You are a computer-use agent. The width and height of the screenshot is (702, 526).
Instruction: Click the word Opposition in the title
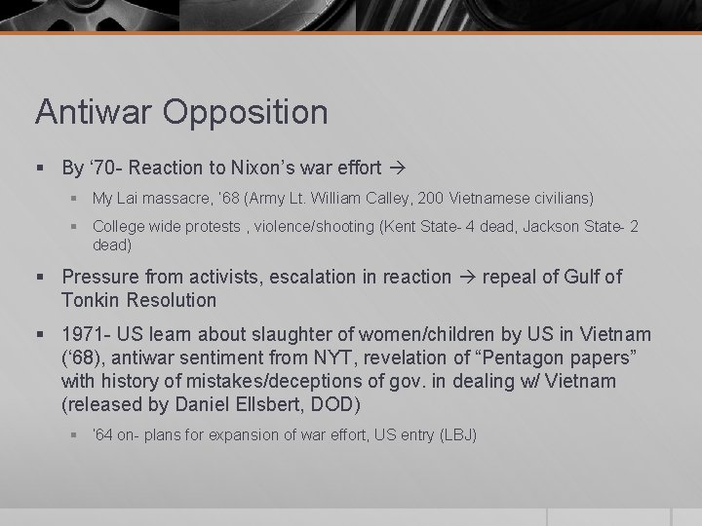click(246, 112)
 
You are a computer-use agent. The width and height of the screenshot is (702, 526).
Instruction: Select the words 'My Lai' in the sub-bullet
click(115, 199)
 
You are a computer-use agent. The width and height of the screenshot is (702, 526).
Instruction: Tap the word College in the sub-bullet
click(118, 227)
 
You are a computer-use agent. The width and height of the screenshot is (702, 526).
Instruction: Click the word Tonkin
click(89, 300)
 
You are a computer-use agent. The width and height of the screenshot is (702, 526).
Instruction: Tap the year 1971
click(82, 335)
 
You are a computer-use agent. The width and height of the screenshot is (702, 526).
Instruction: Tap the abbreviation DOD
click(340, 402)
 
